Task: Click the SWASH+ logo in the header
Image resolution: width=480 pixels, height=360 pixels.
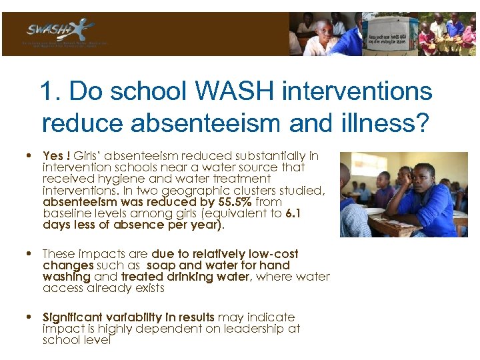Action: pyautogui.click(x=60, y=31)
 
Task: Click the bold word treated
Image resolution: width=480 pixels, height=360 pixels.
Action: pyautogui.click(x=143, y=277)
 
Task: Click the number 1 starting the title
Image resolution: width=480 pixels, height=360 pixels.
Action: pyautogui.click(x=47, y=91)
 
